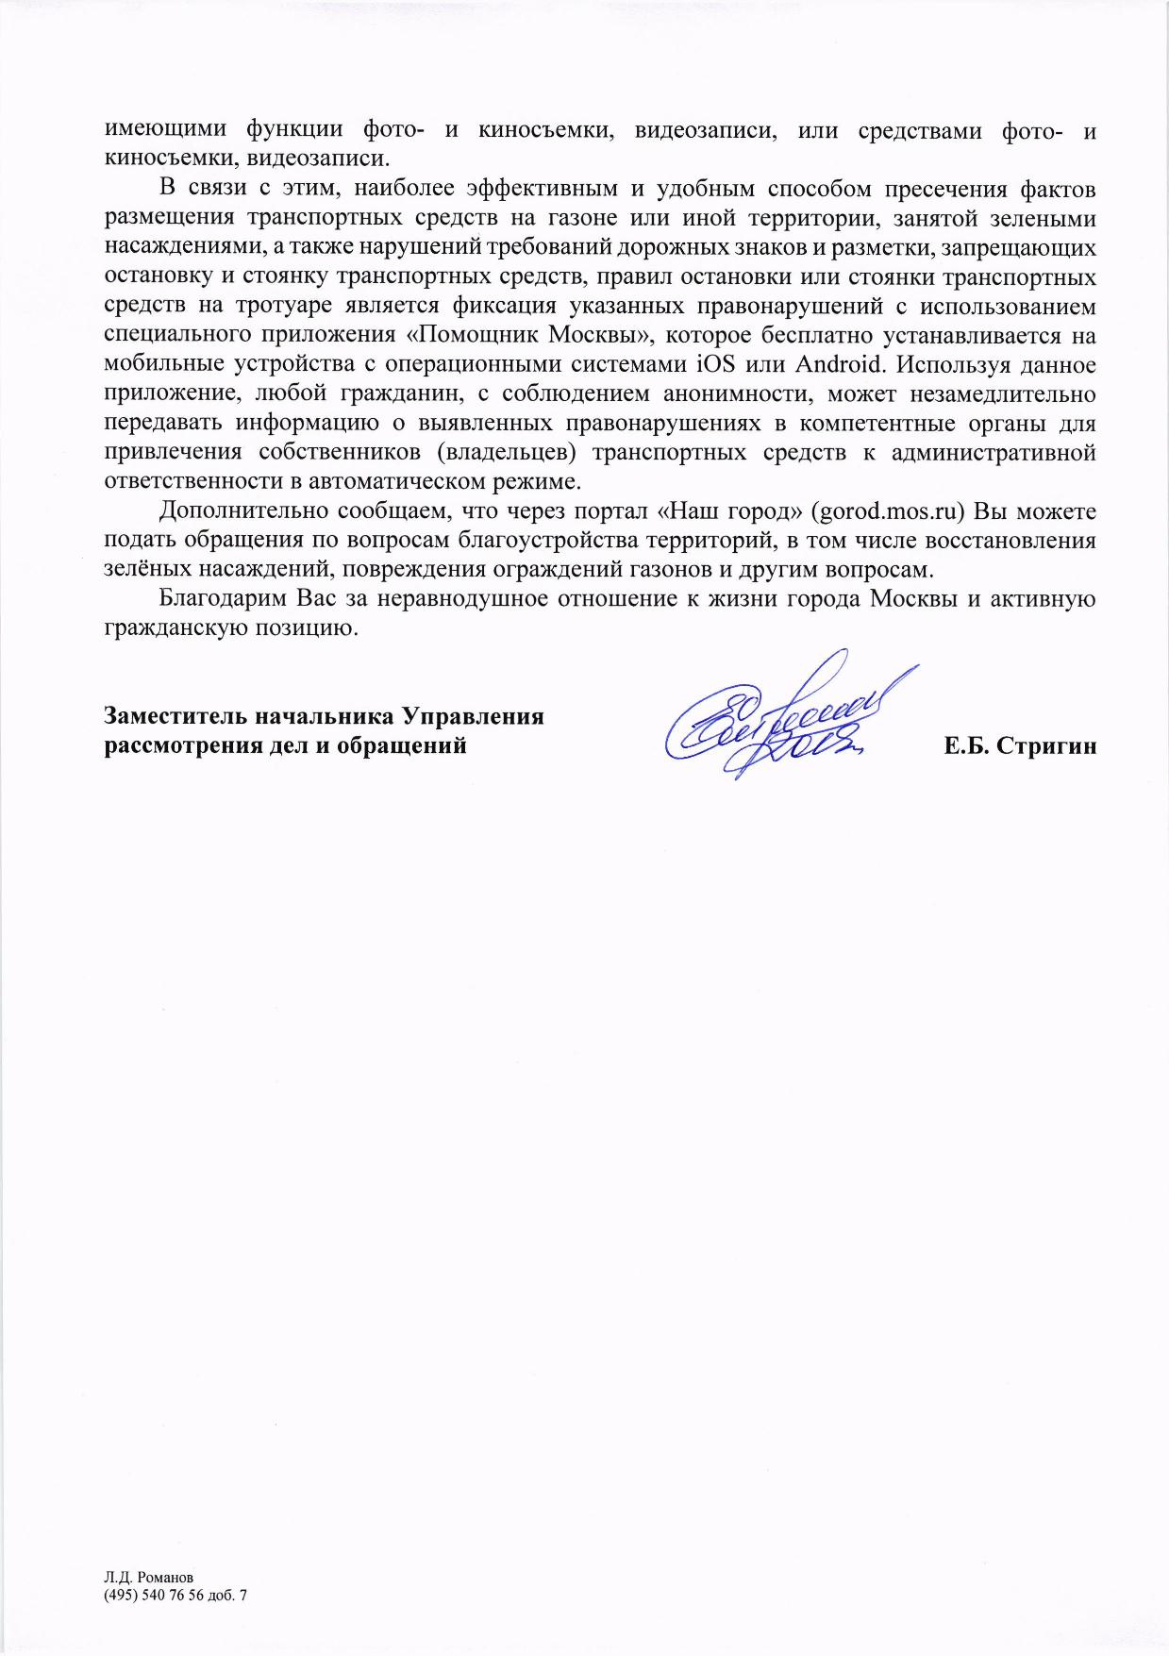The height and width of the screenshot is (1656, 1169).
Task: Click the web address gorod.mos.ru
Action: coord(888,511)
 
